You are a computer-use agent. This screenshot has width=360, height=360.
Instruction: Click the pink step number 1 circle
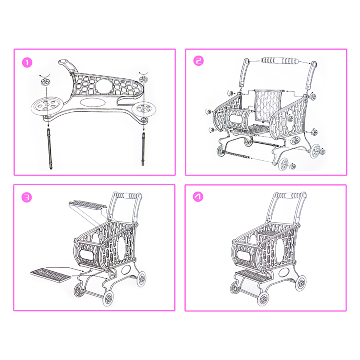coord(27,63)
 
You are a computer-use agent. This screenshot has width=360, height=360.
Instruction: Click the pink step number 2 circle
coord(199,61)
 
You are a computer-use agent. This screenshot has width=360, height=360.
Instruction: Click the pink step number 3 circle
coord(27,197)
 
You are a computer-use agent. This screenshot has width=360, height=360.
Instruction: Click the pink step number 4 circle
coord(198,197)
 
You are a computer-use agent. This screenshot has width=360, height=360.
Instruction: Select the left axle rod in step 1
coord(49,149)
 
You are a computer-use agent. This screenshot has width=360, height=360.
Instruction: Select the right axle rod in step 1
coord(143,149)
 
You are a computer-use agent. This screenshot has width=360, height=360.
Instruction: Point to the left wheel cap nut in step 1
coord(45,81)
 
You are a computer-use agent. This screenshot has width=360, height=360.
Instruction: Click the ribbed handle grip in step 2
coord(280,61)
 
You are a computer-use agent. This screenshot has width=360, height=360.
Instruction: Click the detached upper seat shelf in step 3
coord(88,205)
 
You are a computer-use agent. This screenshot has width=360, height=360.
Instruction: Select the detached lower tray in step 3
coord(51,276)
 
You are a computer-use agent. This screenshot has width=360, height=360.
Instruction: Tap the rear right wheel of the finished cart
coord(301,283)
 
